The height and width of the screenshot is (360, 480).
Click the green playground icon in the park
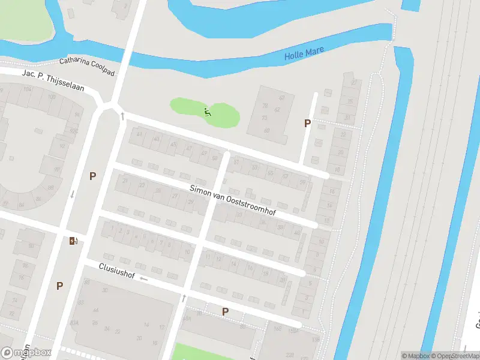click(207, 112)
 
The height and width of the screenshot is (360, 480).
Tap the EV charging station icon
click(73, 241)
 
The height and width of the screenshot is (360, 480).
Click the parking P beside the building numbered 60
click(307, 124)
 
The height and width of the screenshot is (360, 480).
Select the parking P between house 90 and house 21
click(92, 176)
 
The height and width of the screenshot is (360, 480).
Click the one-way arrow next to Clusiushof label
click(143, 280)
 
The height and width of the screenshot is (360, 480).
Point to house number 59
click(302, 182)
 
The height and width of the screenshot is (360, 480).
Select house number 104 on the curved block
click(27, 89)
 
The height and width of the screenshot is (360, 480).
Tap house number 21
click(125, 181)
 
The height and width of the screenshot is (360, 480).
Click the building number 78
click(265, 105)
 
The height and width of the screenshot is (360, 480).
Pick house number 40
click(296, 232)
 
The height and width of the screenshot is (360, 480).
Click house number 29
click(191, 203)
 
